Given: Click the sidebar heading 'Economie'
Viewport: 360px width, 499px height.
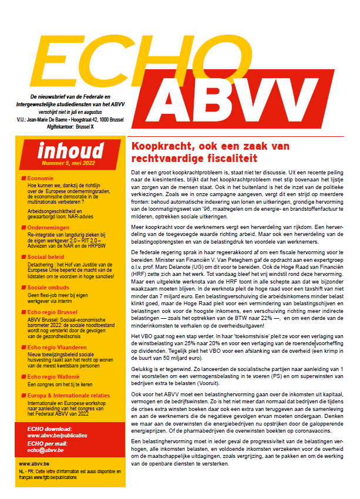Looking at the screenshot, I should (41, 178).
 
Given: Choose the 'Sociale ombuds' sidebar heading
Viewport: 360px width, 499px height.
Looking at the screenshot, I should (51, 288).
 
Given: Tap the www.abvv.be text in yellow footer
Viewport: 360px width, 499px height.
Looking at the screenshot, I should (33, 463).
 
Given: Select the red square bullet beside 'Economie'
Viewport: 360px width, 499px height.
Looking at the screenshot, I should (23, 178).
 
